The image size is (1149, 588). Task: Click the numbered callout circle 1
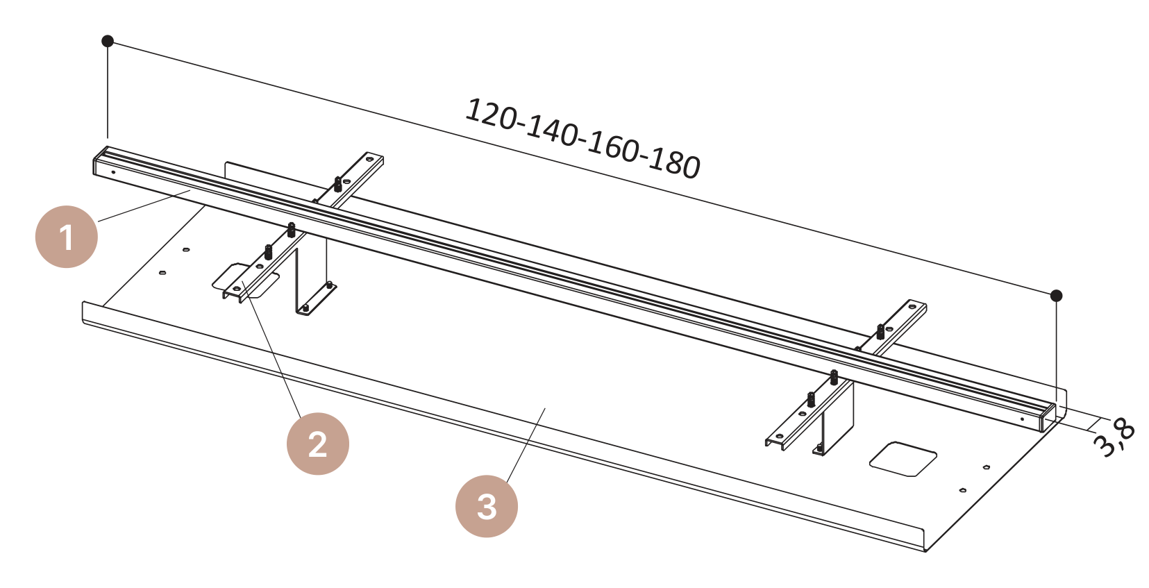[66, 237]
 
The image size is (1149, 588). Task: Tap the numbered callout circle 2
[317, 444]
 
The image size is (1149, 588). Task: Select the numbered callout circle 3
[486, 506]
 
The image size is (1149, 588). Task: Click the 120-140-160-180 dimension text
[582, 139]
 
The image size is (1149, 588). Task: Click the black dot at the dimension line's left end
[107, 41]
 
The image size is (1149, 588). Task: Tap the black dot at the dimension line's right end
[1056, 296]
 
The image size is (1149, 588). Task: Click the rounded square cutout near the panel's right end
[903, 459]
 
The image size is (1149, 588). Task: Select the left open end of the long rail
[101, 162]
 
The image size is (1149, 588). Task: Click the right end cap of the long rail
[1048, 418]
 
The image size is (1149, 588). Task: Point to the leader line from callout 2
[271, 348]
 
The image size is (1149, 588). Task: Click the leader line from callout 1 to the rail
[144, 205]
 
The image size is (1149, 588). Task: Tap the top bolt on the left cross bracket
[338, 184]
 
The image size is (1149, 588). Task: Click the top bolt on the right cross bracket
[881, 331]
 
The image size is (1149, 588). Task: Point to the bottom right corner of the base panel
[925, 552]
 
